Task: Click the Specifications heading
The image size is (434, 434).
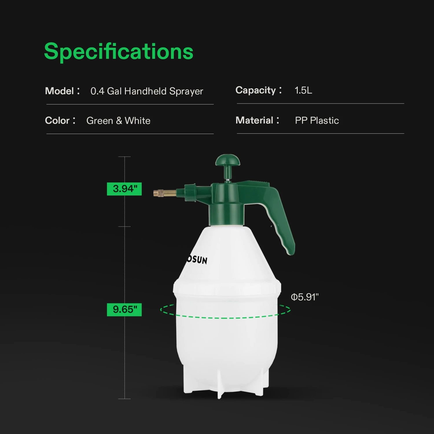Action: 119,52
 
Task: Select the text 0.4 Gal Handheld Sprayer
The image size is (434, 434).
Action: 147,91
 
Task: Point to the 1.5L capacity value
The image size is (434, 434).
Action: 303,90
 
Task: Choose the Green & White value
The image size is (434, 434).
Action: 118,121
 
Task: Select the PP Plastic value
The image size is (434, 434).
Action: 317,120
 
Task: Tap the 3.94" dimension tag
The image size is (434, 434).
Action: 124,189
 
